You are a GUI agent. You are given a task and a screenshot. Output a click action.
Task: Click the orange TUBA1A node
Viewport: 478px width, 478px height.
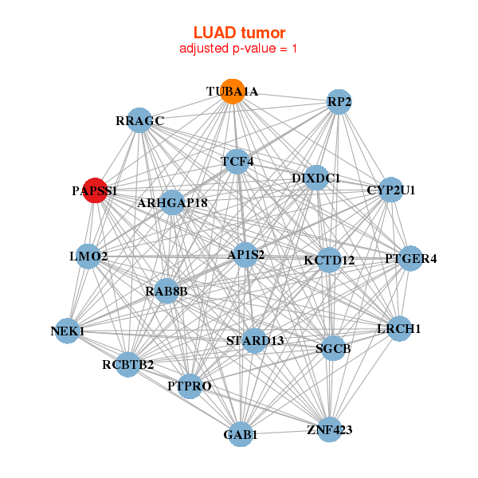click(232, 91)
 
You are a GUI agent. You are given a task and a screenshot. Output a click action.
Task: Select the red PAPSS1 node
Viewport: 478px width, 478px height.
click(95, 191)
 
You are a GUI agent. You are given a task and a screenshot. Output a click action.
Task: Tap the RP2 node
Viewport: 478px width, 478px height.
click(339, 102)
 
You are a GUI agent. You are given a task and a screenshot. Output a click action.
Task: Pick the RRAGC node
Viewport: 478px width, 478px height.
click(139, 121)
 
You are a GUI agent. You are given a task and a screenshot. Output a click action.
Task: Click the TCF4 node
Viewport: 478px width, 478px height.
click(237, 162)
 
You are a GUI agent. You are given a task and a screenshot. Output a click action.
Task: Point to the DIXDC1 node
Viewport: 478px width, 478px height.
click(315, 178)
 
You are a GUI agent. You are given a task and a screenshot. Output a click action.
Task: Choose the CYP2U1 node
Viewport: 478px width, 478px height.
click(390, 190)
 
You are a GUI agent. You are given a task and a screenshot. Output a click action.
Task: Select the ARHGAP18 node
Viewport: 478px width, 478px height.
click(172, 203)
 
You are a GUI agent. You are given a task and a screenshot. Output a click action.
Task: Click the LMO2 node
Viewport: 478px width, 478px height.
click(88, 257)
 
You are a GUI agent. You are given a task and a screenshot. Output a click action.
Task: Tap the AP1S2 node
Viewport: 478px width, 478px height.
click(245, 255)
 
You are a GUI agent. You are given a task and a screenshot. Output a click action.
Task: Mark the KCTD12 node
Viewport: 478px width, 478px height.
click(329, 260)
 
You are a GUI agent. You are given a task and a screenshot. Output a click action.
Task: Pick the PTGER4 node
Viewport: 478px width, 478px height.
click(410, 258)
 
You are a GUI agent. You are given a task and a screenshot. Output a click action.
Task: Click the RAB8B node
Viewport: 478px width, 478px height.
click(167, 292)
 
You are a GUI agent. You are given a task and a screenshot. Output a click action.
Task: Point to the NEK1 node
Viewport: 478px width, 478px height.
click(67, 331)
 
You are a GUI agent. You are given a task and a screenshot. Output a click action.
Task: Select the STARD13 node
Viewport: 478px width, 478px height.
click(254, 341)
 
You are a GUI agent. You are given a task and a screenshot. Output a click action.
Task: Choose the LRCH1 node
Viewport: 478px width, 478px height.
click(398, 329)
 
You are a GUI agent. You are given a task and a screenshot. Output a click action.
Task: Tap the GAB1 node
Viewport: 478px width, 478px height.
click(240, 435)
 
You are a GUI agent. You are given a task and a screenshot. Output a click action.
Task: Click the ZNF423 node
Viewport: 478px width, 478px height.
click(329, 430)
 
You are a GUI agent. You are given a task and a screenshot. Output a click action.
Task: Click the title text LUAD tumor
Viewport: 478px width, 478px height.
click(239, 33)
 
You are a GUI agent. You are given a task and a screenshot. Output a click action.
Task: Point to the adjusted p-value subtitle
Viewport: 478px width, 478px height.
click(239, 49)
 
